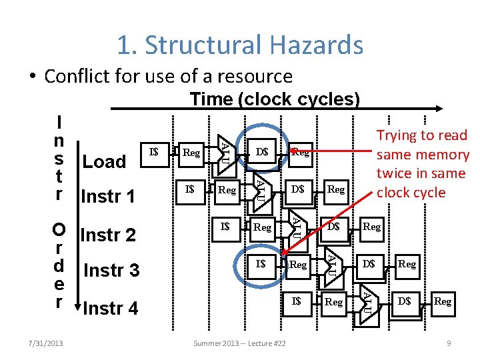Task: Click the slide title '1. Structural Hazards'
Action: [x=240, y=45]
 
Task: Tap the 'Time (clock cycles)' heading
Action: [x=275, y=99]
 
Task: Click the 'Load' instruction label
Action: [x=103, y=161]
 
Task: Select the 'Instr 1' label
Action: [x=107, y=197]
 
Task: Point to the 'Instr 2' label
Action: [x=107, y=235]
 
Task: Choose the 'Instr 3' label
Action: [x=111, y=271]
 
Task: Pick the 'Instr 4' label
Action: [x=111, y=308]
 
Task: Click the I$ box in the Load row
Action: [x=154, y=152]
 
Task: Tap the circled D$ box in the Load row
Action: [x=261, y=152]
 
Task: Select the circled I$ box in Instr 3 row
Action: [x=261, y=264]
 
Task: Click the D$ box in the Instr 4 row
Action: [x=404, y=301]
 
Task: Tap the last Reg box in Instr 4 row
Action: [x=442, y=301]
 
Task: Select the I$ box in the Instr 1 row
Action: [x=190, y=189]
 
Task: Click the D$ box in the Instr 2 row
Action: [x=333, y=227]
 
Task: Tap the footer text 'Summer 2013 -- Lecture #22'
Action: [x=239, y=343]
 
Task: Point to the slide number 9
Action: [x=449, y=343]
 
